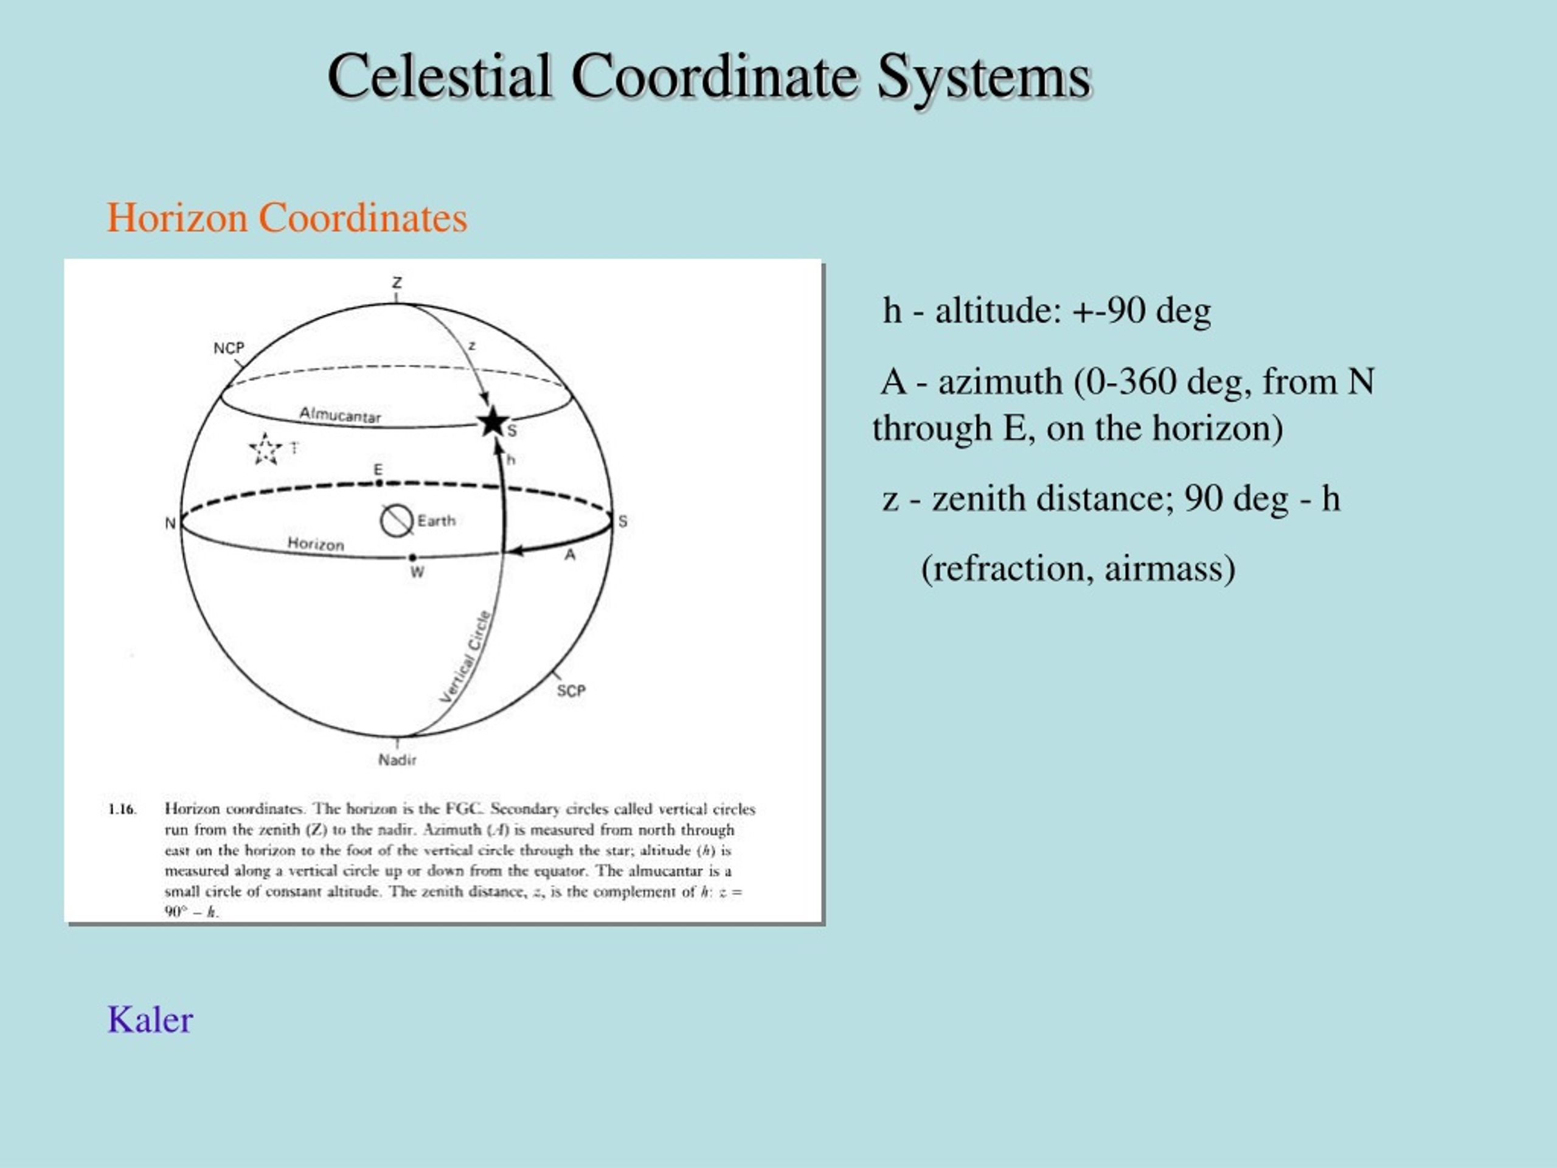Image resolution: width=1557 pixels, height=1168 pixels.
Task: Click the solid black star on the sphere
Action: (493, 422)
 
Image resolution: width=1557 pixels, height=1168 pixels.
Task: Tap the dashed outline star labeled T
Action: (265, 449)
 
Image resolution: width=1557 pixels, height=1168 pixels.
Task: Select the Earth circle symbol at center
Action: (397, 521)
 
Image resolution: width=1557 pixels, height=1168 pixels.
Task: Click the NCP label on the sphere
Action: (229, 348)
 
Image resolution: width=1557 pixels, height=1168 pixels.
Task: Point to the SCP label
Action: (571, 690)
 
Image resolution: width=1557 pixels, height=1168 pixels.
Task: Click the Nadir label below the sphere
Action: (397, 760)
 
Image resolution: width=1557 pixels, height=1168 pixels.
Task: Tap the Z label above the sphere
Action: (397, 282)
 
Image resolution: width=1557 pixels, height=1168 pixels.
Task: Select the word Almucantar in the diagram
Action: (340, 415)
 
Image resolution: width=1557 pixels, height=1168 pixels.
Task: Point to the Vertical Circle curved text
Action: (465, 657)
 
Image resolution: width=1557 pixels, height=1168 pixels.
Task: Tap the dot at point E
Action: (379, 483)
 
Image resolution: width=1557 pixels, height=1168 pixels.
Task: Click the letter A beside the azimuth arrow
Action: (570, 555)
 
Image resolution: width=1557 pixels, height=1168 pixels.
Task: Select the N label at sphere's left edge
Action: (170, 523)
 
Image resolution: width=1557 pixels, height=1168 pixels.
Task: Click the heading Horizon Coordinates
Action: (286, 218)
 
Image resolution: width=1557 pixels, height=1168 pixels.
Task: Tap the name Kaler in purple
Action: (150, 1020)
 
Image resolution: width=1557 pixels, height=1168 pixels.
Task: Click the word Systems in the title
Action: (983, 76)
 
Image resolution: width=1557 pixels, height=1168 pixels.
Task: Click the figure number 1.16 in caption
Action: (121, 809)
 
